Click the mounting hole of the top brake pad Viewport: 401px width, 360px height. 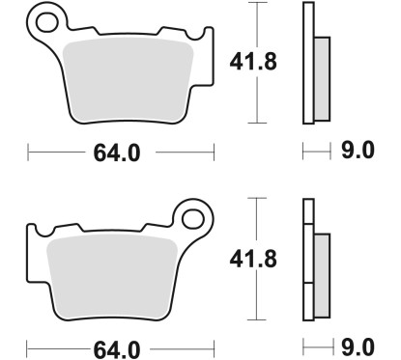click(47, 22)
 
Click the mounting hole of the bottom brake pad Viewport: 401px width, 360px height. click(193, 219)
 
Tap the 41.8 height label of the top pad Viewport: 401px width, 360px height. click(253, 62)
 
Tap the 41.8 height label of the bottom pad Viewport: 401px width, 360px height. click(253, 259)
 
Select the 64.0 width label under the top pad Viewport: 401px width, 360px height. click(117, 153)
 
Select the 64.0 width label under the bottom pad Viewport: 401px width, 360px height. click(117, 350)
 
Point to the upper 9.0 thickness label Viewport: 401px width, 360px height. click(358, 150)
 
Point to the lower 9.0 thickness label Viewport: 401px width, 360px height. click(358, 346)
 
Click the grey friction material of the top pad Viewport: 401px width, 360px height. click(129, 80)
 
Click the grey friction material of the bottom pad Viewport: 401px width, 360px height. click(112, 277)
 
